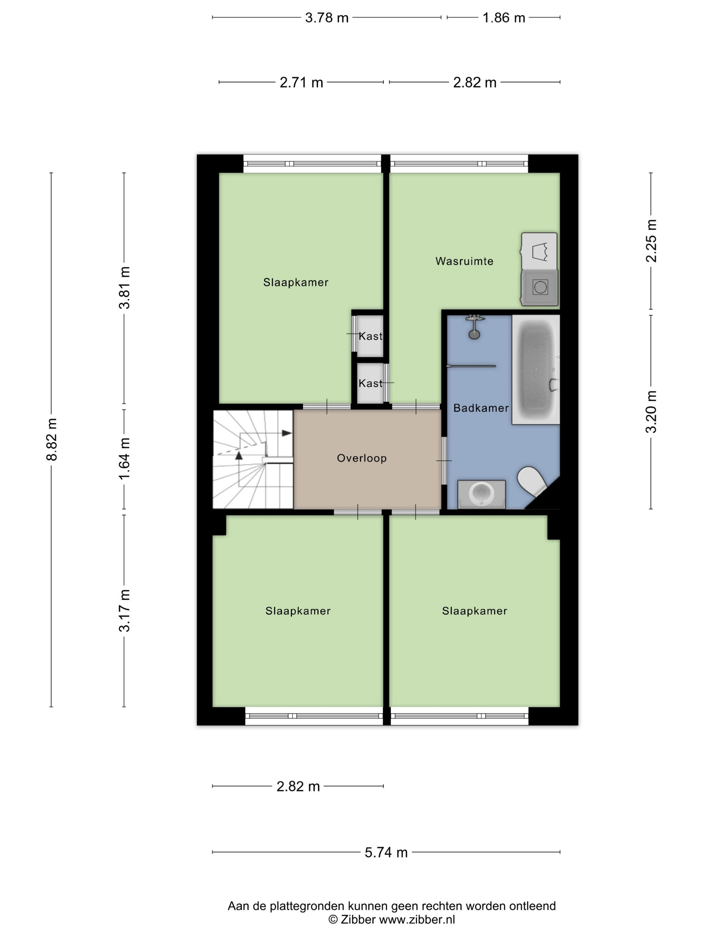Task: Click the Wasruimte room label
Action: [x=464, y=261]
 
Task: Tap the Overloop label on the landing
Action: [x=362, y=458]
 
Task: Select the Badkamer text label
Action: [x=481, y=408]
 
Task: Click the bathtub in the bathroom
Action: [x=536, y=370]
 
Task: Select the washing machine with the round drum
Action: [x=540, y=287]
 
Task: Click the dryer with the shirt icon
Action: [x=539, y=251]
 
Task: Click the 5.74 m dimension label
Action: [x=386, y=852]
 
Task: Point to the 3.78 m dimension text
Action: [x=327, y=18]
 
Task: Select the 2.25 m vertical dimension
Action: [x=651, y=241]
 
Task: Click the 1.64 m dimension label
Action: [x=124, y=459]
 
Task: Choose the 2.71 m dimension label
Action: [x=301, y=82]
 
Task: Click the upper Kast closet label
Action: [x=370, y=336]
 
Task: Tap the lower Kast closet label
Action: [x=370, y=383]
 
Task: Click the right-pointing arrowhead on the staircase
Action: [x=287, y=433]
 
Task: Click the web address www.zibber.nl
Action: [x=417, y=920]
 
